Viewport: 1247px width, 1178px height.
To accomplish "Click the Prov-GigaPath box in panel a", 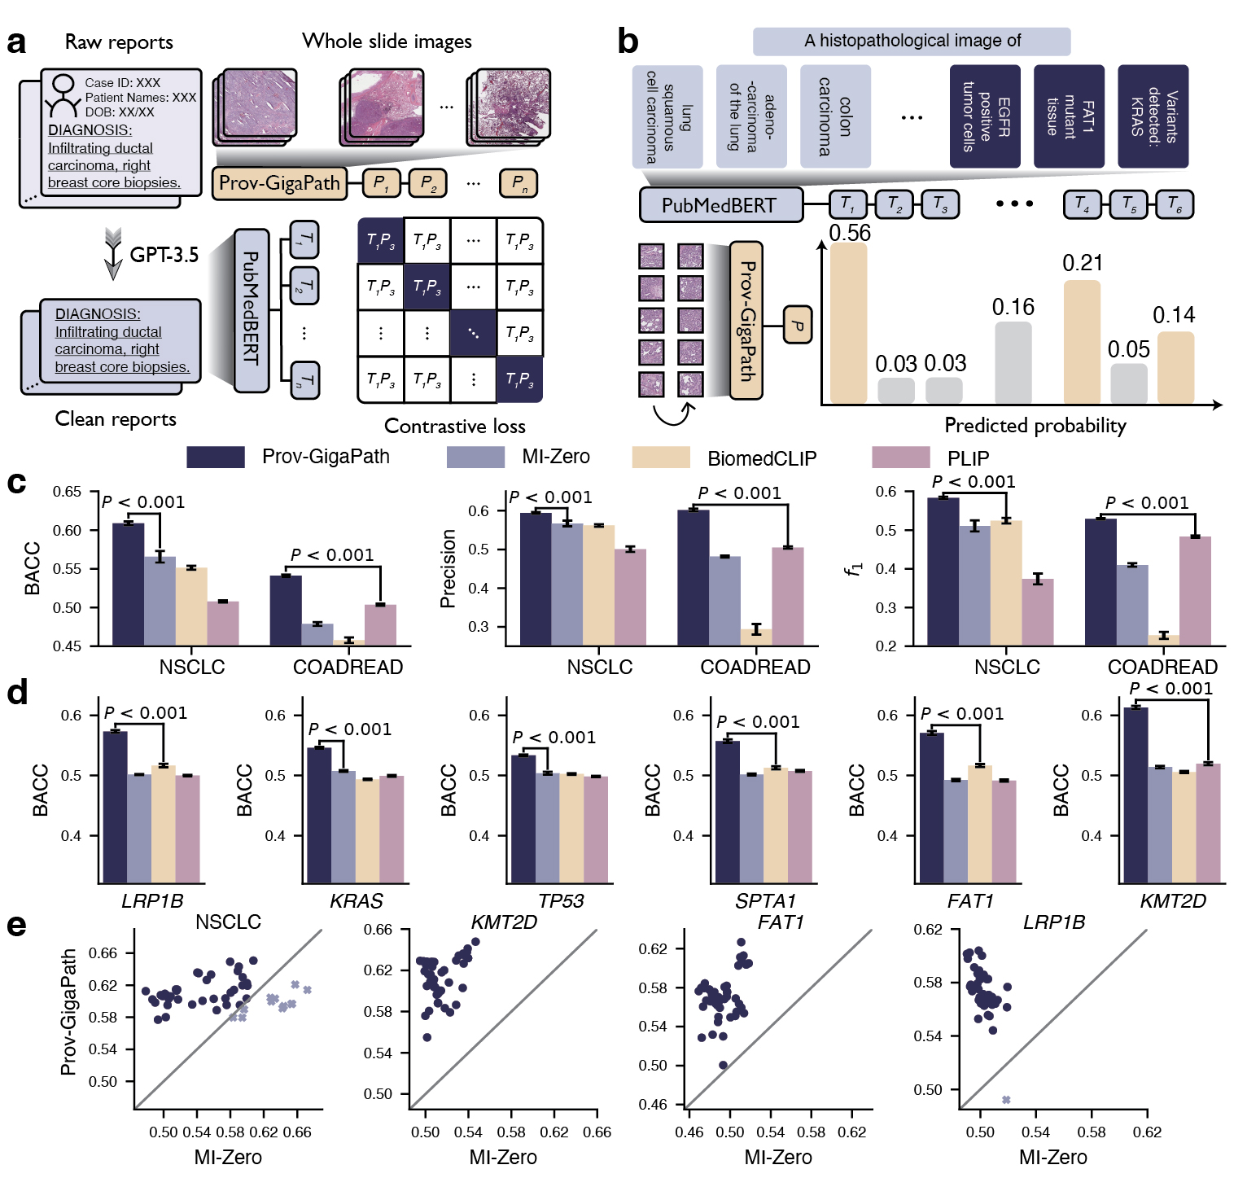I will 279,183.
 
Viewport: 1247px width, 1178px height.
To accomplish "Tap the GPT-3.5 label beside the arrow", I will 164,255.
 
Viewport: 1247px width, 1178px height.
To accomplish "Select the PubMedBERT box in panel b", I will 720,205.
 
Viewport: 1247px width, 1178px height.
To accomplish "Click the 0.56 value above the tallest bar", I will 849,233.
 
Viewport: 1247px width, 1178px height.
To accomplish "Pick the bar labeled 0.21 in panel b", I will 1082,342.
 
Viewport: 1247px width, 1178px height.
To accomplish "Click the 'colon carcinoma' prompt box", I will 835,116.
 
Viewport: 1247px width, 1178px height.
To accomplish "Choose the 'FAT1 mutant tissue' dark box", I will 1069,116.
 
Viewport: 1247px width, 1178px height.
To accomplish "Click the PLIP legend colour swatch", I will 900,458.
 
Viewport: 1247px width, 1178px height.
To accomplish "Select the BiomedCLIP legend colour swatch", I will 661,458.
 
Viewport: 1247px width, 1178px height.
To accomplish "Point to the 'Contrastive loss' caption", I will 454,426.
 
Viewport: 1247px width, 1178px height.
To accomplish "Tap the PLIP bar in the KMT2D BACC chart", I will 1209,822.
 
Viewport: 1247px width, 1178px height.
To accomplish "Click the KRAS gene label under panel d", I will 357,901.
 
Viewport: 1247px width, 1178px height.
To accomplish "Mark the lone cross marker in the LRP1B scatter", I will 1006,1100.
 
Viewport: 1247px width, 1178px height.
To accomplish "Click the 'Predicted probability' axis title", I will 1035,425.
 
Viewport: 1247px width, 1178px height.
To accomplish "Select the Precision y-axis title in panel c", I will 447,568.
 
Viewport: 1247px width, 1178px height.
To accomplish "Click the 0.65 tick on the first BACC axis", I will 67,492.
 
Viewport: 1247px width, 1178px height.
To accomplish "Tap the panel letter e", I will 16,926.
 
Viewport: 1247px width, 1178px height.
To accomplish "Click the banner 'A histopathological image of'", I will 912,41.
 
